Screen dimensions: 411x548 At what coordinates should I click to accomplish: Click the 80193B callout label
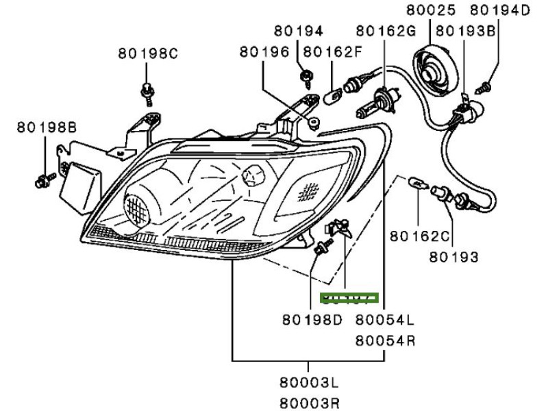coord(466,31)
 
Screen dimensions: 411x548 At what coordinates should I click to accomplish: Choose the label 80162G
coord(385,31)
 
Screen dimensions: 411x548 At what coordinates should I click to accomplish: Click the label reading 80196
coord(263,51)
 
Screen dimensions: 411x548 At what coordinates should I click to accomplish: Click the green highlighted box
coord(349,298)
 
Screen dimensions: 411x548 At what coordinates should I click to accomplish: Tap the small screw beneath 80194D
coord(485,87)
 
